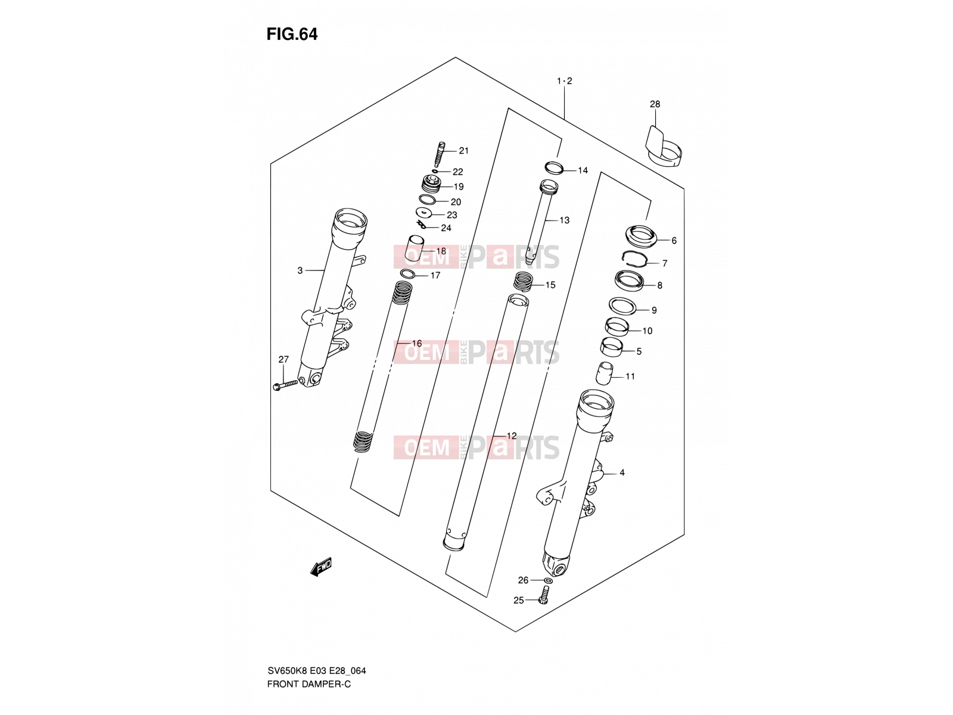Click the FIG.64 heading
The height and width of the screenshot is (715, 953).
(x=292, y=35)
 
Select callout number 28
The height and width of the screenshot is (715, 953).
(x=655, y=104)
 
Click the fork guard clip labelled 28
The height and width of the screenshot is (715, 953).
(x=662, y=147)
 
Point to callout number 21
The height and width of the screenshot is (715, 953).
(x=463, y=151)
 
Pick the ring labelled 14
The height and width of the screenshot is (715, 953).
(x=554, y=167)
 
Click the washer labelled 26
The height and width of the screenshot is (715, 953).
(x=549, y=580)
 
